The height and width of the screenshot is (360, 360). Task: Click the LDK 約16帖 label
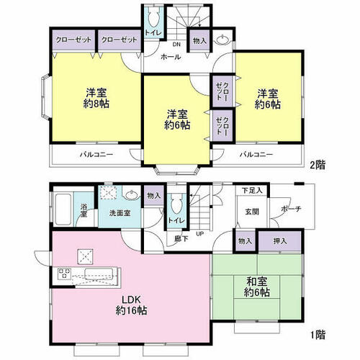[x=131, y=305]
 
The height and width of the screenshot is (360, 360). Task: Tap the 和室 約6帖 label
[x=257, y=287]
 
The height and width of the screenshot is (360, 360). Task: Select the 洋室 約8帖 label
[x=96, y=98]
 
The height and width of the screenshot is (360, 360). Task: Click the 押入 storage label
[x=280, y=241]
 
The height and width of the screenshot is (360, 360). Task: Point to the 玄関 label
[x=252, y=212]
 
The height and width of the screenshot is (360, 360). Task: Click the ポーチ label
[x=291, y=209]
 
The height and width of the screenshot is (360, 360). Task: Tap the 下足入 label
[x=252, y=191]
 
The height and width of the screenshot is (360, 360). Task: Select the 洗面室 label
[x=120, y=213]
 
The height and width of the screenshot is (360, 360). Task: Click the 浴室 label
[x=84, y=210]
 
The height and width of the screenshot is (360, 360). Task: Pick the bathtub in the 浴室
[x=63, y=210]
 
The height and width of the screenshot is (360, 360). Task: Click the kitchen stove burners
[x=64, y=274]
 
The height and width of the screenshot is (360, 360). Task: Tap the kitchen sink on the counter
[x=99, y=274]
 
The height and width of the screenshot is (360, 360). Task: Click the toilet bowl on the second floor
[x=154, y=19]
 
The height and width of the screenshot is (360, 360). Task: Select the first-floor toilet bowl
[x=177, y=204]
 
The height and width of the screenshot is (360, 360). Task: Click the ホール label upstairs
[x=171, y=57]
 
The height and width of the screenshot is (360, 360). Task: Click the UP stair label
[x=200, y=233]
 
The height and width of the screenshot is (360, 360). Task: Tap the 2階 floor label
[x=318, y=165]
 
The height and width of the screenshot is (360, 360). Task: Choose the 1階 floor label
[x=318, y=335]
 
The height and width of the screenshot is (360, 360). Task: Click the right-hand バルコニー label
[x=256, y=154]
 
